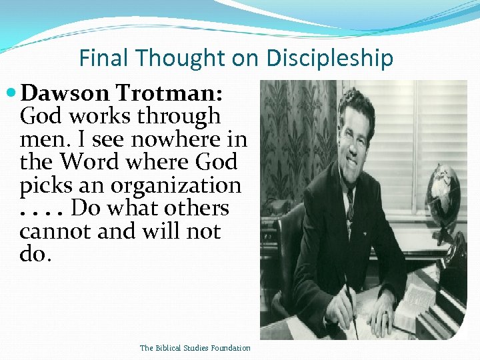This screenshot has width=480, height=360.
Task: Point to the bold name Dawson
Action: [65, 93]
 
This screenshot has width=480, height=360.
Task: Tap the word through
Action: [178, 117]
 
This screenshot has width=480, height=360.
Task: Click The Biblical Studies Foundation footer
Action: [195, 348]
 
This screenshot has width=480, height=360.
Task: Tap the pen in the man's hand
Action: [349, 299]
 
